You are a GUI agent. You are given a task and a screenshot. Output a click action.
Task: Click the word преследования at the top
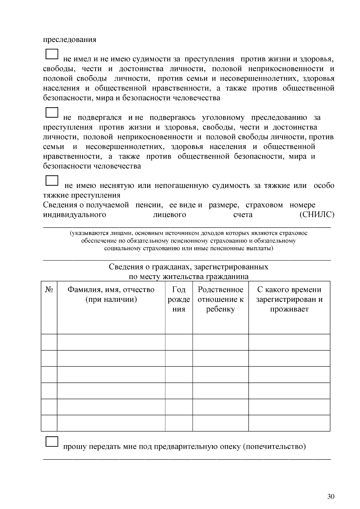click(70, 40)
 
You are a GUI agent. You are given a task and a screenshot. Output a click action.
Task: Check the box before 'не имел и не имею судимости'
click(52, 54)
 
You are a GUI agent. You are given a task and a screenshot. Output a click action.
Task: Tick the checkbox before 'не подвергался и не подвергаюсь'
click(52, 112)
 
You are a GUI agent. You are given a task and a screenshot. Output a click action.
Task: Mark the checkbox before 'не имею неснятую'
click(52, 180)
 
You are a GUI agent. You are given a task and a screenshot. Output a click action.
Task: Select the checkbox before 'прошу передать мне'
click(52, 442)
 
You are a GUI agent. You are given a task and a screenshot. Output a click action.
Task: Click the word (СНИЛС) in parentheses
click(317, 215)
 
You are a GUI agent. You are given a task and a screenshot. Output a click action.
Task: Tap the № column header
click(49, 290)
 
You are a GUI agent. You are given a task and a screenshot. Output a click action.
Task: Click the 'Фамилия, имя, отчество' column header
click(111, 294)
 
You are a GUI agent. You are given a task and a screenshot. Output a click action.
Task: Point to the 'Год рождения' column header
click(179, 299)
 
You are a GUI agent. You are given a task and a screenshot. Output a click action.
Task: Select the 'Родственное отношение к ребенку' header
click(220, 299)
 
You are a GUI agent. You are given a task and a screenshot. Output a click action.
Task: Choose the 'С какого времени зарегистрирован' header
click(289, 299)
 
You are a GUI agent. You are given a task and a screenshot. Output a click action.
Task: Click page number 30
click(331, 496)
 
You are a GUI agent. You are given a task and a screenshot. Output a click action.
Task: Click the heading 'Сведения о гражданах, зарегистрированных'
click(188, 267)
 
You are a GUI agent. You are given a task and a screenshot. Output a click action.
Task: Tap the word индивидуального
click(74, 215)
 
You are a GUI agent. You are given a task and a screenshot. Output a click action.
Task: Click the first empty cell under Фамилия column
click(111, 342)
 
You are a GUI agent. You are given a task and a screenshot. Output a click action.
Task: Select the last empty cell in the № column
click(49, 423)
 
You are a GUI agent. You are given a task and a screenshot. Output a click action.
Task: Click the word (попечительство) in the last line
click(274, 447)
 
